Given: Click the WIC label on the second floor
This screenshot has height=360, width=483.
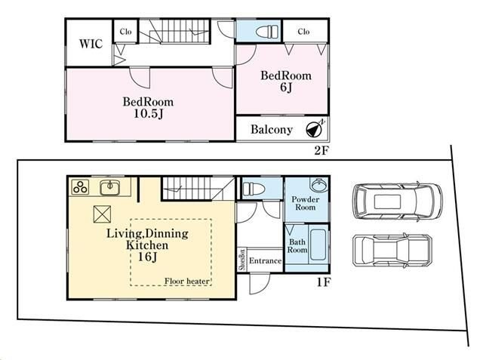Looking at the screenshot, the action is pos(91,44).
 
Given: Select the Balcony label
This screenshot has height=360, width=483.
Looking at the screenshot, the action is pos(272,129).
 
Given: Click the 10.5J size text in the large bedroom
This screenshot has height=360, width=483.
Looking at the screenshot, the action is pos(148,114).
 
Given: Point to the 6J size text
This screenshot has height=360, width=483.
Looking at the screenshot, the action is pos(286,87).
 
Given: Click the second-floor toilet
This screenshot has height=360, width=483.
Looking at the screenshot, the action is pos(266,32).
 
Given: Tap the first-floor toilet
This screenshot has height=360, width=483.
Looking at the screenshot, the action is pos(254,189).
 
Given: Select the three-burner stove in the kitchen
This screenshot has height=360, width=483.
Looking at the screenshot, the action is pos(80,187).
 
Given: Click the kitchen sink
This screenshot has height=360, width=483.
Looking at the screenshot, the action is pos(110,187).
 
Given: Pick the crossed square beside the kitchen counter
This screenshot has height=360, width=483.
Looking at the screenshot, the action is pos(102,214).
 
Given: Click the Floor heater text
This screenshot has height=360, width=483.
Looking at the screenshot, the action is pos(186,281).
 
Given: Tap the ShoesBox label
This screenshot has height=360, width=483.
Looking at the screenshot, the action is pos(242,260).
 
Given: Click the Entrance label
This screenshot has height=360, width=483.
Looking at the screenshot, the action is pos(265,261).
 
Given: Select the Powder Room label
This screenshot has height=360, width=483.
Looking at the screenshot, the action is pos(305,203).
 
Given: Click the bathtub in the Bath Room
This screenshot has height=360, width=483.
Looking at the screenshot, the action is pos(318,245).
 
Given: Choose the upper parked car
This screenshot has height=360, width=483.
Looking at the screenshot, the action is pos(398,202).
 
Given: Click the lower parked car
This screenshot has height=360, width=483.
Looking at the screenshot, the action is pos(392,250).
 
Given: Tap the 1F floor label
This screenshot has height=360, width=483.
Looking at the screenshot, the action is pos(324,282).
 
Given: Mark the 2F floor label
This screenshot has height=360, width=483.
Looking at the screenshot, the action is pos(321,151).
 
